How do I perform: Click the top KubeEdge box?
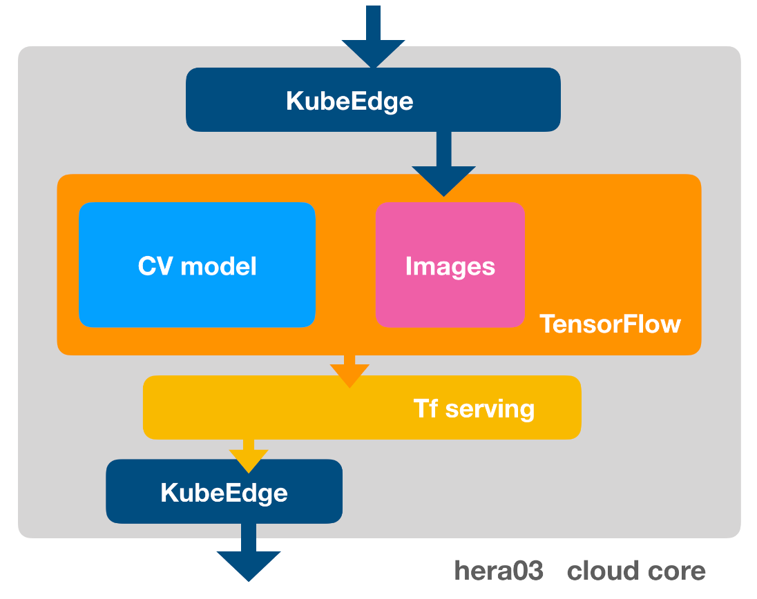[373, 99]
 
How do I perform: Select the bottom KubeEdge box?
[224, 491]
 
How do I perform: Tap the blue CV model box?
[197, 265]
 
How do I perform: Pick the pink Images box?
[450, 265]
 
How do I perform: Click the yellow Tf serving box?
[362, 408]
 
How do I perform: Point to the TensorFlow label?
[611, 324]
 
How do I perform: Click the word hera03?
[499, 571]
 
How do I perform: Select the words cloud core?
[636, 571]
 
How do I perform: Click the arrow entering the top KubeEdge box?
[373, 37]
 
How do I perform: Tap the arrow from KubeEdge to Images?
[443, 164]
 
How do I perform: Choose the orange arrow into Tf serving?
[349, 371]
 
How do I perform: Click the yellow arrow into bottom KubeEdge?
[249, 456]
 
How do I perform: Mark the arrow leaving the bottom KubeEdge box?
[249, 553]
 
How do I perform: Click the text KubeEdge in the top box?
[349, 101]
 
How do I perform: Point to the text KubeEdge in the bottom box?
[224, 493]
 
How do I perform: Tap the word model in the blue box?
[218, 266]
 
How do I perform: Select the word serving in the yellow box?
[490, 409]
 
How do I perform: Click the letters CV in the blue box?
[155, 266]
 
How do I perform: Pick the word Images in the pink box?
[450, 267]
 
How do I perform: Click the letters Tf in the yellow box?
[425, 408]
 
